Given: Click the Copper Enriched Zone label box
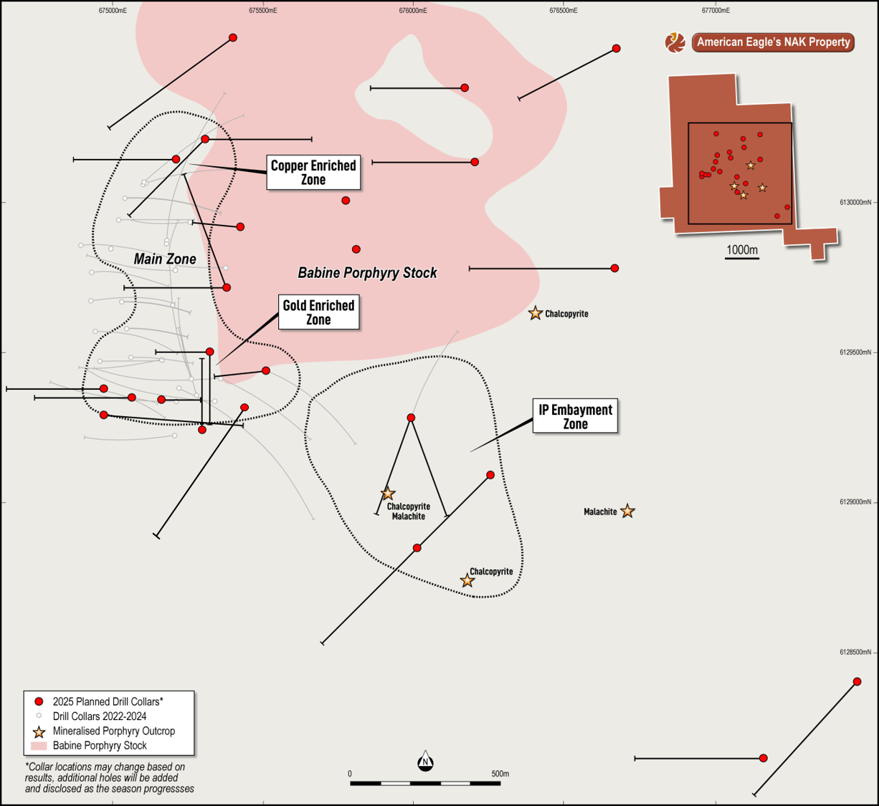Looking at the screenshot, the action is (x=313, y=172).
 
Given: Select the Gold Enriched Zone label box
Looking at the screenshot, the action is (x=318, y=312).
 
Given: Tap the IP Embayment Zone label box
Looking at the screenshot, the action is (x=575, y=416).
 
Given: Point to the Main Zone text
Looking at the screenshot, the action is (x=165, y=259).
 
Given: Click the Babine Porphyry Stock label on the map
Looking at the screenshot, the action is (x=367, y=273).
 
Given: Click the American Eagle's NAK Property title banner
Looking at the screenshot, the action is (x=773, y=42).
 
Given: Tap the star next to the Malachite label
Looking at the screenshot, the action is (x=627, y=511).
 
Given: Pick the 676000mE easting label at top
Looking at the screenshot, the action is (x=413, y=11).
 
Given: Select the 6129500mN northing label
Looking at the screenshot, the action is (x=855, y=352).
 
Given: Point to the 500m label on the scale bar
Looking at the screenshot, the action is (x=500, y=774).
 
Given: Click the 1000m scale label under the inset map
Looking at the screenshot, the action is (x=742, y=250).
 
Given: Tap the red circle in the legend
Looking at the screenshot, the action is (x=39, y=701).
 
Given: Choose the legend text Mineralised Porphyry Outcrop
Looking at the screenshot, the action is (x=114, y=731).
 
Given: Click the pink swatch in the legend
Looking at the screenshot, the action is (x=39, y=746).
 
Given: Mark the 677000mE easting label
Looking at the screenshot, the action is (x=716, y=11).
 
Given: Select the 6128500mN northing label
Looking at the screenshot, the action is (x=855, y=652).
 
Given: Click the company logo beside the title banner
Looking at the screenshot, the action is (x=675, y=42).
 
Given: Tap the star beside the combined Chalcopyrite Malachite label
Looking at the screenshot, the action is (x=388, y=494).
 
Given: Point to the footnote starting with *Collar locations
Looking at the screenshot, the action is (x=109, y=778).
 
